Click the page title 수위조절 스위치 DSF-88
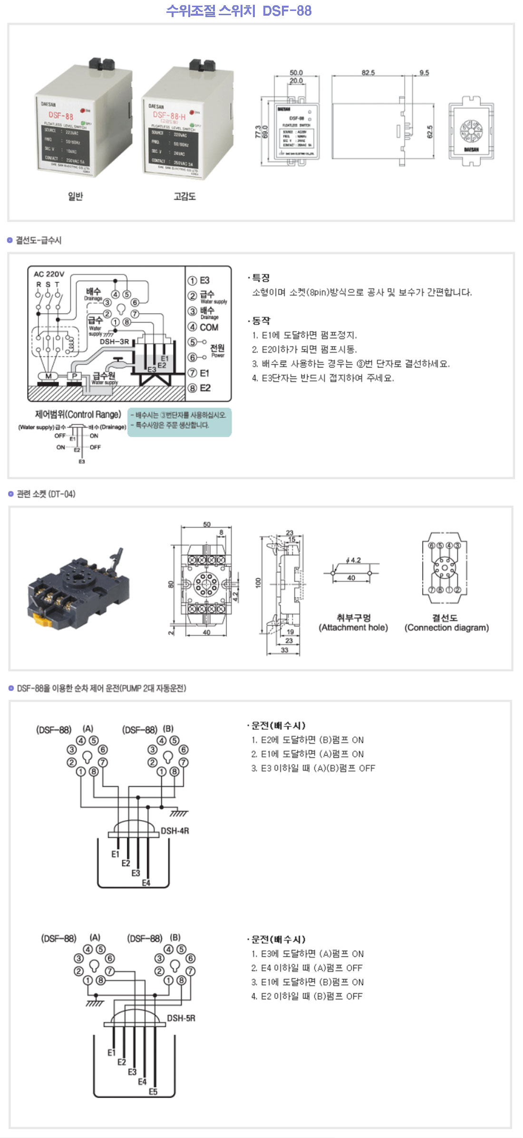[x=239, y=10]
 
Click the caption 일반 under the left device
[x=75, y=196]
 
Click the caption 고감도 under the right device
[x=184, y=196]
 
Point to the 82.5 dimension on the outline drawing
[x=368, y=73]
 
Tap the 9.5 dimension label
[x=424, y=73]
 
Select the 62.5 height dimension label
[x=430, y=132]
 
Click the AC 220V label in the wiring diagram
[x=48, y=274]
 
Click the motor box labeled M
[x=48, y=376]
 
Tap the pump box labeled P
[x=75, y=376]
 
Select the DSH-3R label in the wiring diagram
[x=114, y=342]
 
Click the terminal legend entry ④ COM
[x=203, y=327]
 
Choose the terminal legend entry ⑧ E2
[x=200, y=388]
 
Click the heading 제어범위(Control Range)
[x=78, y=414]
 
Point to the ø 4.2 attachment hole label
[x=353, y=560]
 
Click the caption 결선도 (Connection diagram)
[x=446, y=622]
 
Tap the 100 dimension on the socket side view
[x=258, y=582]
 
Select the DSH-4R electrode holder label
[x=175, y=831]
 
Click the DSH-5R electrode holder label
[x=181, y=1018]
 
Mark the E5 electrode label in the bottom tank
[x=153, y=1092]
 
